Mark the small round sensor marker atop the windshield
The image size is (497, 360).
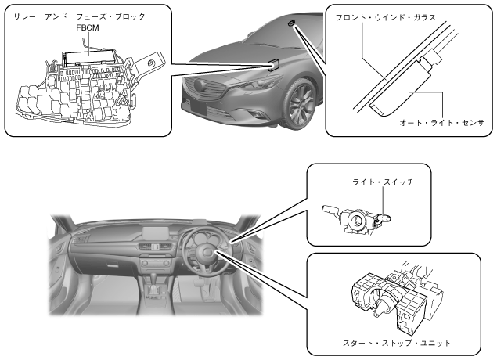(x=290, y=25)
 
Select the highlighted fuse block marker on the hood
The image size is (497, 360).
(x=274, y=62)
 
